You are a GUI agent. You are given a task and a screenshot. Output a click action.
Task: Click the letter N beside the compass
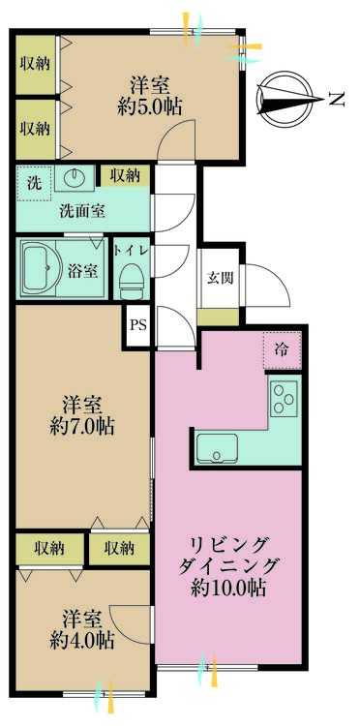336,97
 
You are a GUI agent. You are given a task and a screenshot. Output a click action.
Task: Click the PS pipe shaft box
138,325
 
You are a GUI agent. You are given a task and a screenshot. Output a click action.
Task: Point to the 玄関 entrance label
219,277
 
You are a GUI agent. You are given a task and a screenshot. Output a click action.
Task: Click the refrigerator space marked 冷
281,350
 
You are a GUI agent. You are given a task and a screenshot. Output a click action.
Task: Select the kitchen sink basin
214,449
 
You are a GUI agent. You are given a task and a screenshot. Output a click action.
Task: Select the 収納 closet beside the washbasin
125,175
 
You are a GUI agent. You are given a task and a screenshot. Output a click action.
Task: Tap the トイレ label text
130,250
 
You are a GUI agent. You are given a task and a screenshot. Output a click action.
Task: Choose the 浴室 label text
83,270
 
